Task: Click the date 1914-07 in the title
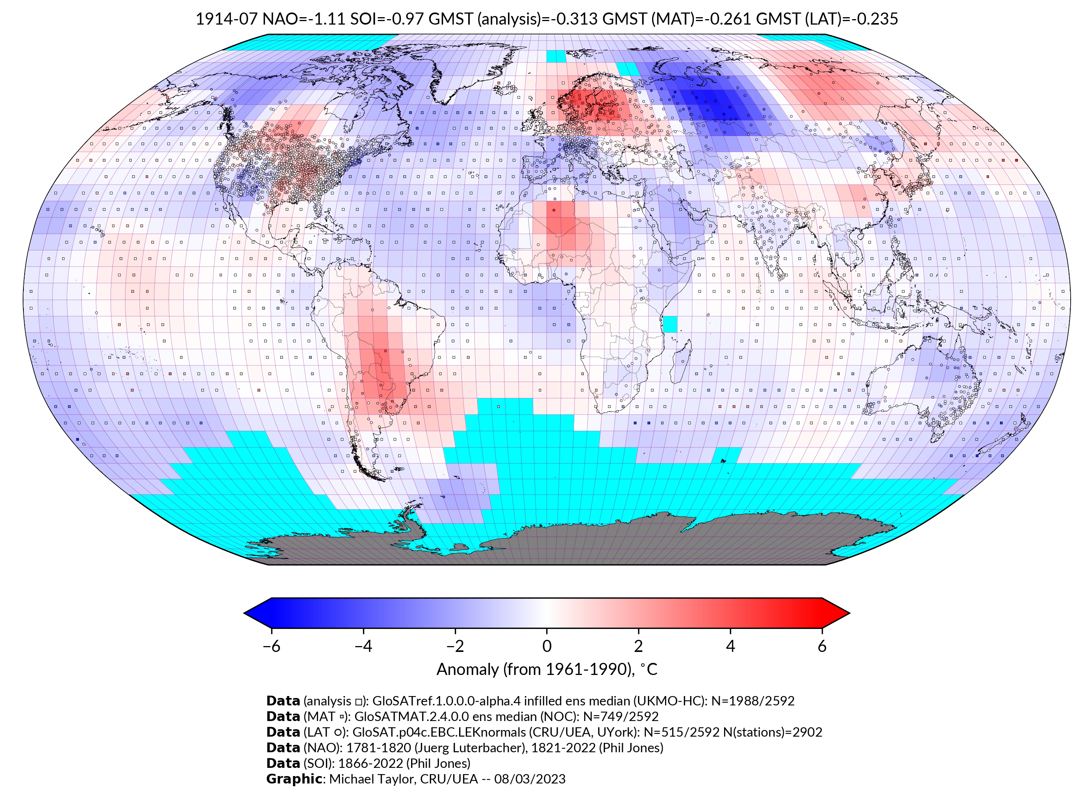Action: pos(226,19)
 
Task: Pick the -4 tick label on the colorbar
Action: pos(363,646)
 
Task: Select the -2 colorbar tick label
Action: pos(455,646)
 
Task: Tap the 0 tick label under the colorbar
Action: pos(547,646)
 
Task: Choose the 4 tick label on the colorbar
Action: pos(730,646)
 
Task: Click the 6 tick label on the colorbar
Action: pos(822,646)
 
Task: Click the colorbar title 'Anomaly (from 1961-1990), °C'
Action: pos(547,669)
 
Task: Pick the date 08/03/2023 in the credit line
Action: pos(530,779)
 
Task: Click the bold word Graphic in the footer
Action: pos(294,779)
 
